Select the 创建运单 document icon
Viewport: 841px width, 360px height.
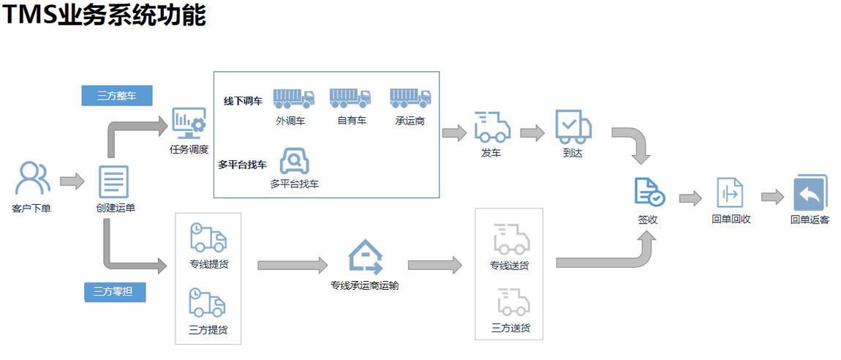point(113,181)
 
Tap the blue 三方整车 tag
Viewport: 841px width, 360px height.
point(116,95)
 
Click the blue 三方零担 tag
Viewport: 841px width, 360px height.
point(115,292)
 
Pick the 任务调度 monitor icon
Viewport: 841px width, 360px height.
point(189,124)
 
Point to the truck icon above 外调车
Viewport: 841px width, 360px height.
point(293,98)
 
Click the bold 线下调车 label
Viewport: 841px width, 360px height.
point(243,101)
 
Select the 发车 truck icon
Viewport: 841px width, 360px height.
point(491,127)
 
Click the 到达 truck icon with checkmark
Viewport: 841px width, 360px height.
point(573,127)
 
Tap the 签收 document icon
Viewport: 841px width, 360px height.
point(649,192)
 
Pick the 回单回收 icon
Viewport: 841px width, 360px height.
point(730,192)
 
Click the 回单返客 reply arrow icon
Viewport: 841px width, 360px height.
point(810,193)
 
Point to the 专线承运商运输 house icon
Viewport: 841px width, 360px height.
point(365,257)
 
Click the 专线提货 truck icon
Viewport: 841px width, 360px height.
point(208,239)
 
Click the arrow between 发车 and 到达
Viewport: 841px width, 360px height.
point(532,132)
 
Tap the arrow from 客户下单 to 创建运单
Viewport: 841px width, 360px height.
point(72,181)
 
